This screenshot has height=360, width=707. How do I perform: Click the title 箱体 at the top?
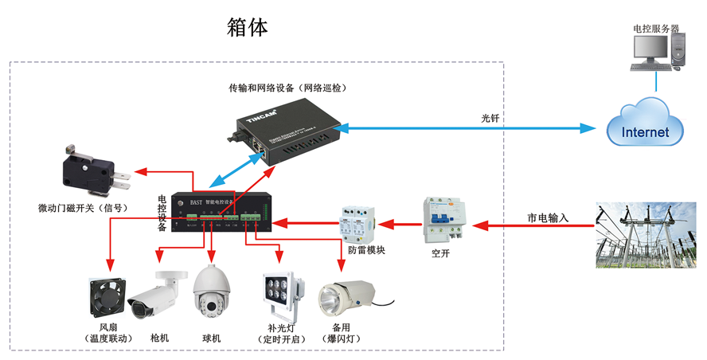coord(248,27)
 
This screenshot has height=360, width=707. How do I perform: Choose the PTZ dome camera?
coord(211,293)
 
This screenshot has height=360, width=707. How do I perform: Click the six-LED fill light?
coord(282,296)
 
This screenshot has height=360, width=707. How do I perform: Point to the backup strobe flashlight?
coord(346,301)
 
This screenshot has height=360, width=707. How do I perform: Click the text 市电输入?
coord(548,217)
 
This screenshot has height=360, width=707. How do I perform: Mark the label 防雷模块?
coord(367,252)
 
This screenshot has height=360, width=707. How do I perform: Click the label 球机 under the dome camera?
coord(212,338)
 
